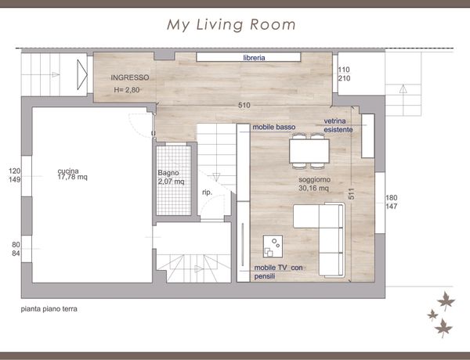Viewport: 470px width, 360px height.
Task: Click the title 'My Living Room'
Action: point(231,25)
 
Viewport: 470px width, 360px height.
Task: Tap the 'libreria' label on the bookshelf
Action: point(254,58)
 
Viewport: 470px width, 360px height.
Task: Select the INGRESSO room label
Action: point(130,77)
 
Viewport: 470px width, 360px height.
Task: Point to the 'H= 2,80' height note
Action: point(127,90)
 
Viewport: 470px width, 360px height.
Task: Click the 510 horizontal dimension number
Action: point(244,105)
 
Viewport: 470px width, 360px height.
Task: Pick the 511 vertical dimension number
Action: point(352,194)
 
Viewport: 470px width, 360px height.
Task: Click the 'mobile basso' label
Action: point(274,127)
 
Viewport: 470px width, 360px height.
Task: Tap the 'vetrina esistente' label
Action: point(338,125)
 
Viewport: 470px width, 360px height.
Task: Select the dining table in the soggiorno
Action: point(309,151)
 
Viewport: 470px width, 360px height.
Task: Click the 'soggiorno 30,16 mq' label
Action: point(314,184)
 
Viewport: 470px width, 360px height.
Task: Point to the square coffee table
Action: point(273,247)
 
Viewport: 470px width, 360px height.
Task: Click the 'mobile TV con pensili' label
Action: point(278,272)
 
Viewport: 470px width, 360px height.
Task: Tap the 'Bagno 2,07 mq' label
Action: point(171,177)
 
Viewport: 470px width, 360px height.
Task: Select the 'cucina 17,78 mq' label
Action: point(73,174)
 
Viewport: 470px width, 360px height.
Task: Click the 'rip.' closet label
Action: point(207,193)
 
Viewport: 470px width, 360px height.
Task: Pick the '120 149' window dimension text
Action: point(15,175)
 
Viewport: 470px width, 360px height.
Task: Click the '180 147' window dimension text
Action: point(392,202)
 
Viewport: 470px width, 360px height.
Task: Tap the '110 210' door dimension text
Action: point(344,74)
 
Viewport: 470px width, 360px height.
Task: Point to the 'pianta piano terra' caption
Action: point(49,309)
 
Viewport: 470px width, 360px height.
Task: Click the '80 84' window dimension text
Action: point(16,249)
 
